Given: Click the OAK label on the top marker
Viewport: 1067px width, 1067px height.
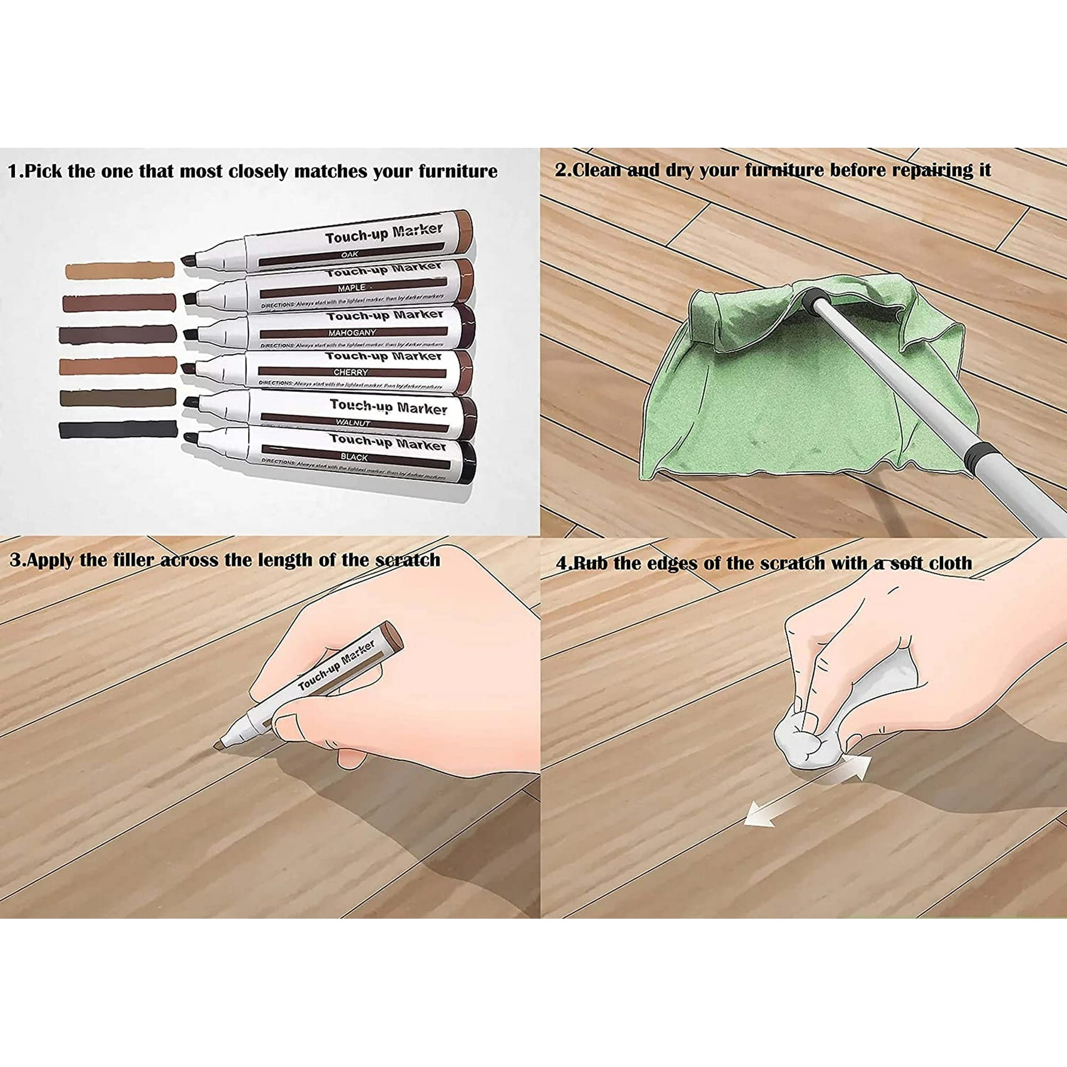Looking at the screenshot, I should (349, 254).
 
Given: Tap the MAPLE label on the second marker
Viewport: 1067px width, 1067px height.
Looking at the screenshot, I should (352, 288).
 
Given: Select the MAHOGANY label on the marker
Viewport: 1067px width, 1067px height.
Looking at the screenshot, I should (352, 333).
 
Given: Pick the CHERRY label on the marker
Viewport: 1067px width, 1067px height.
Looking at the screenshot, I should (351, 372).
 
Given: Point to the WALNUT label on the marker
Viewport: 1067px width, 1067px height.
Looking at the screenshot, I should (352, 423).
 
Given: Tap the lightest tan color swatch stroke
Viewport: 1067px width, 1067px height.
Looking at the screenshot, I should (120, 270).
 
